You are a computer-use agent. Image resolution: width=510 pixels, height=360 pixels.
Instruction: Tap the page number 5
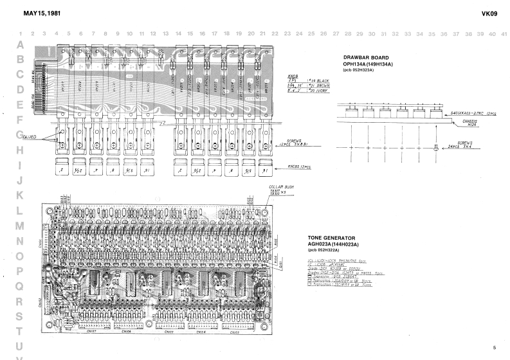click(x=494, y=348)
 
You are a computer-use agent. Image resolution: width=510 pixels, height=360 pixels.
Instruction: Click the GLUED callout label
click(x=30, y=137)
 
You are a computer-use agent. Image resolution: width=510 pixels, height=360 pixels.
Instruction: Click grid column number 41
click(x=504, y=33)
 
